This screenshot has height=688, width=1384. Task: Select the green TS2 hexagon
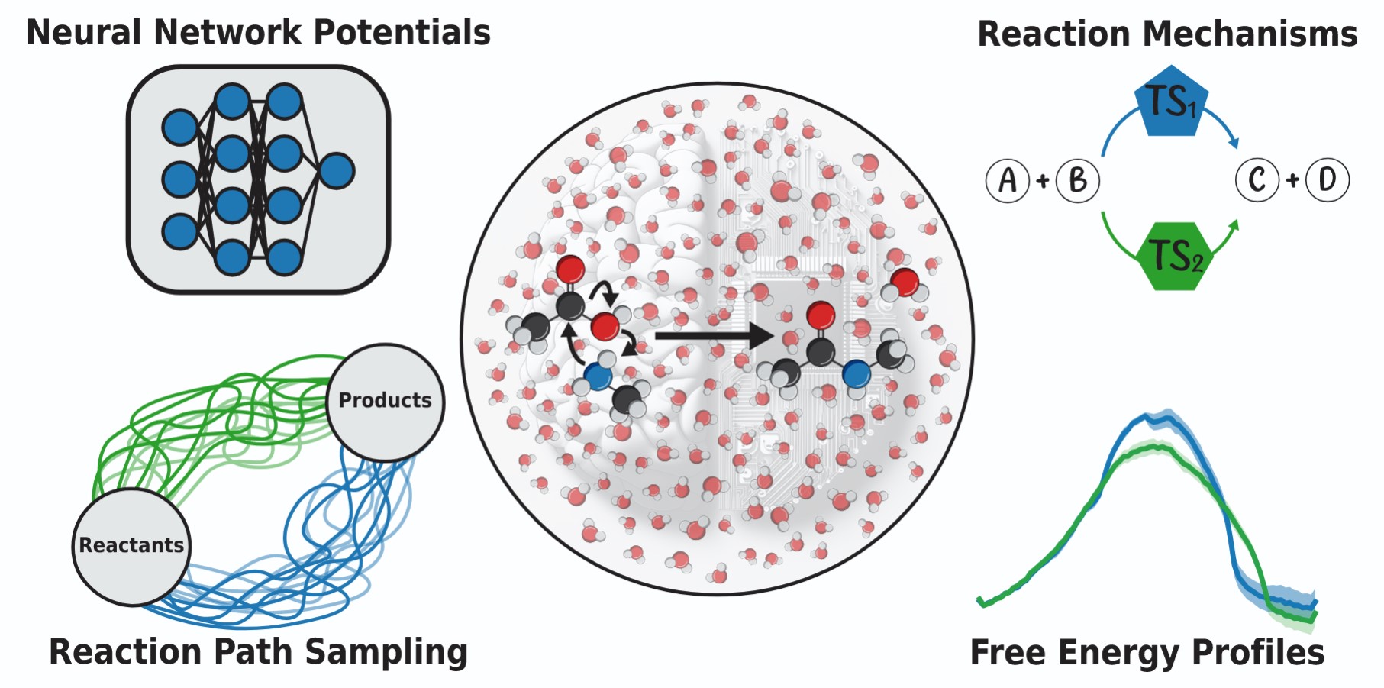point(1175,257)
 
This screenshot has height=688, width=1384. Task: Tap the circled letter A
point(1008,181)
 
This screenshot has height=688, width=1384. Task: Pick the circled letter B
point(1078,181)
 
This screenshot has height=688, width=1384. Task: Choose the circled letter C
point(1257,180)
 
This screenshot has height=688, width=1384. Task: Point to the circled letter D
point(1328,180)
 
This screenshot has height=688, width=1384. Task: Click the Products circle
point(385,402)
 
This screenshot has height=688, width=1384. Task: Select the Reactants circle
point(131,546)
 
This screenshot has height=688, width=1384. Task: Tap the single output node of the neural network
point(337,171)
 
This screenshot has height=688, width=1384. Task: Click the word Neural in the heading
point(84,33)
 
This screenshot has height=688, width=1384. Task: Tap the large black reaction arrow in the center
point(714,335)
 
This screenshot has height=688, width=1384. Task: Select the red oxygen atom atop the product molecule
point(821,314)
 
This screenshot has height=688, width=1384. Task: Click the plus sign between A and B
point(1043,181)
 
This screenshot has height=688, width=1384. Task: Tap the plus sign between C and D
point(1292,180)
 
